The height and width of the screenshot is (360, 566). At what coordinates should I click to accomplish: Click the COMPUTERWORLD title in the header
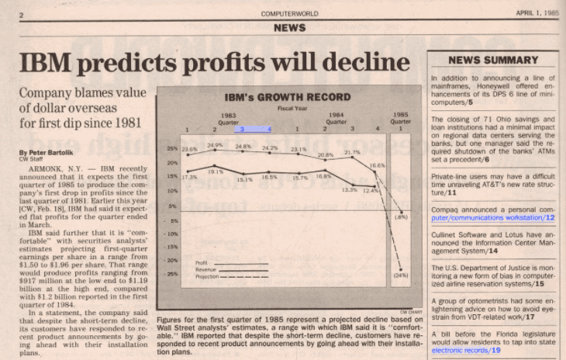point(289,14)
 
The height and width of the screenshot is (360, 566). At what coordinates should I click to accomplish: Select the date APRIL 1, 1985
point(537,13)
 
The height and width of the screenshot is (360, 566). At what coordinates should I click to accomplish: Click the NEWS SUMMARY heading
point(493,60)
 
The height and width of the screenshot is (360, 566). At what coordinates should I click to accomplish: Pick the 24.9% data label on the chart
point(215,145)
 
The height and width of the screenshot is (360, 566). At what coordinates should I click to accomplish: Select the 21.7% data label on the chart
point(352,152)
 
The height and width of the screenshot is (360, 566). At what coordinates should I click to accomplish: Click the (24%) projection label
point(401,275)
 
